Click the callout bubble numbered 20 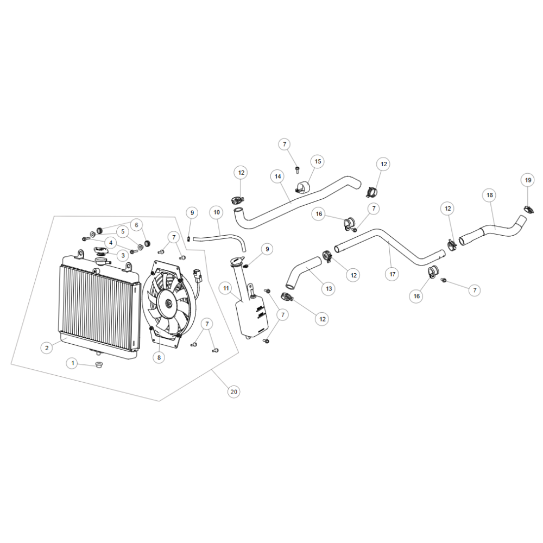coord(233,392)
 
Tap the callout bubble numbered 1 coord(72,363)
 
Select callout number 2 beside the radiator coord(47,348)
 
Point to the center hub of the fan coord(169,304)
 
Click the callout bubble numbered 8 coord(159,357)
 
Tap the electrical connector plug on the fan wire coord(198,273)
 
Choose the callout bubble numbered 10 coord(217,212)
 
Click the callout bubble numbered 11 coord(226,288)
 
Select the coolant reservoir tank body coord(252,318)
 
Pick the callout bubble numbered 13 coord(329,288)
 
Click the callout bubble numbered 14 coord(277,176)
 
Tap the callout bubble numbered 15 coord(318,161)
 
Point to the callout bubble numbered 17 coord(392,274)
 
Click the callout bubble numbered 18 coord(490,195)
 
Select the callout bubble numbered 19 coord(528,180)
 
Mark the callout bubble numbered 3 coord(123,256)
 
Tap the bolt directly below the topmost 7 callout coord(297,170)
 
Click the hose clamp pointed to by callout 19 coord(528,209)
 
